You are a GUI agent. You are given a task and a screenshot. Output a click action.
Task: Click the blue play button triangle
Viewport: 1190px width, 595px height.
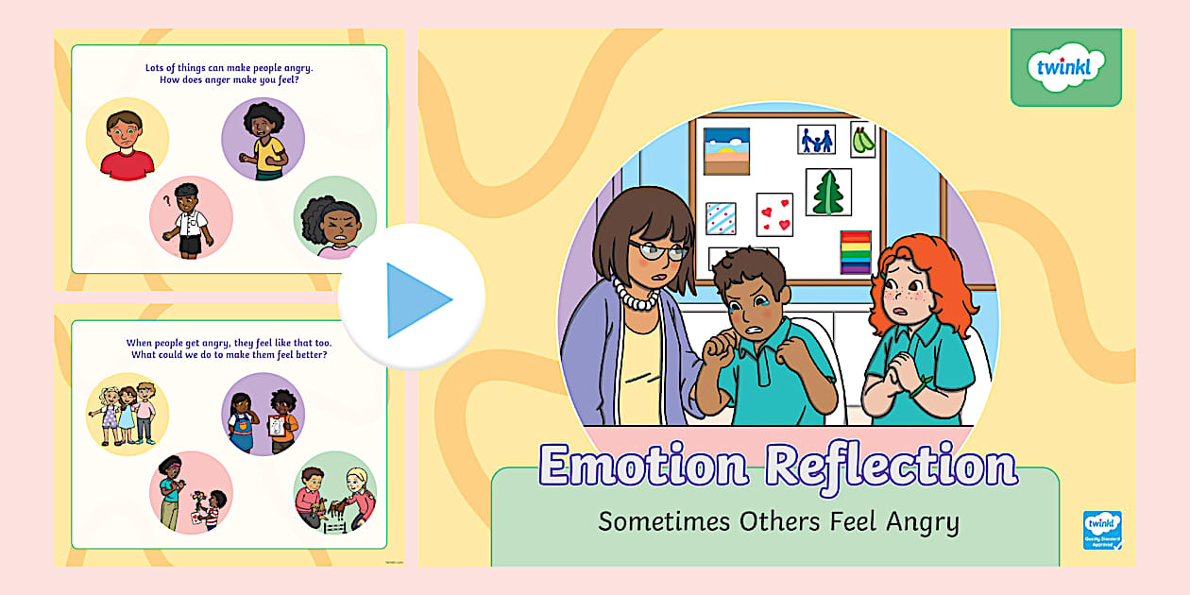coord(416,300)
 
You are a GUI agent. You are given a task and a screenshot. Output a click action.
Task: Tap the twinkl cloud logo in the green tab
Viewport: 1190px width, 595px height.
coord(1066,67)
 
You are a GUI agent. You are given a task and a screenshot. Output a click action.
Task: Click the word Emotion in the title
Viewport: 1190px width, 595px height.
coord(644,466)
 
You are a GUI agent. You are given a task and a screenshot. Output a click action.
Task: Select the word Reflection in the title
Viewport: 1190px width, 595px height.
coord(891,466)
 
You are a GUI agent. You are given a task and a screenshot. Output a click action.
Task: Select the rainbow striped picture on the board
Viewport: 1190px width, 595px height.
coord(856,252)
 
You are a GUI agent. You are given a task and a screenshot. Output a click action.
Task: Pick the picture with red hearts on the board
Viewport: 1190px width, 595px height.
coord(774,214)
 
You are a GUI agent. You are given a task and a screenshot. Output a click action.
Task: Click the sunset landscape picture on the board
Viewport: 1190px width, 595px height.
coord(726,151)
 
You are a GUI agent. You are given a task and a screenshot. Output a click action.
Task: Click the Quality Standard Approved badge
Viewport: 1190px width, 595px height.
coord(1102,530)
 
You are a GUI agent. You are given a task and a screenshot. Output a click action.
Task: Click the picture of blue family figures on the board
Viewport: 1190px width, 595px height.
coord(816,141)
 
